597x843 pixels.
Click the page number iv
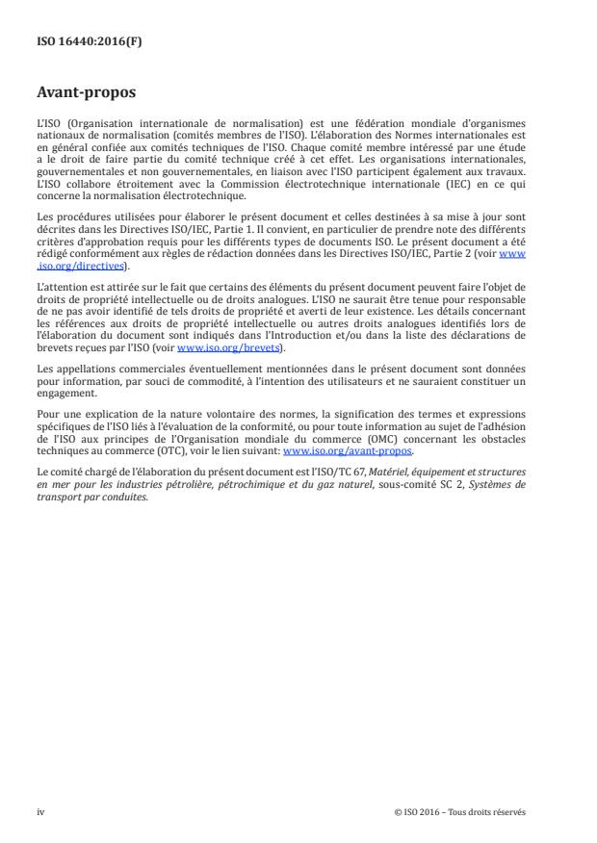point(40,811)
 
